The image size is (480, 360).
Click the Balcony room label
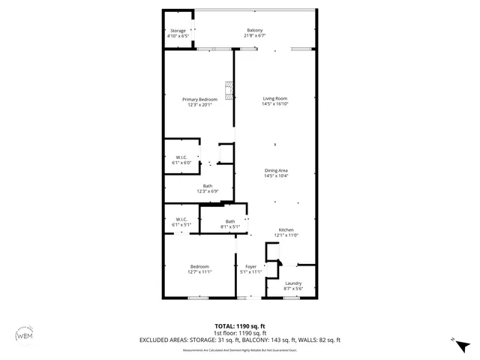(x=254, y=30)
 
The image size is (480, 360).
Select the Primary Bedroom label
(x=201, y=100)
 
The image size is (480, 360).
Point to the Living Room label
(x=274, y=99)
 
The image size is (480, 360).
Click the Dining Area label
(x=276, y=170)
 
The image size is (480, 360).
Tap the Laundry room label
(x=293, y=283)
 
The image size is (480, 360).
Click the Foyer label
(x=250, y=266)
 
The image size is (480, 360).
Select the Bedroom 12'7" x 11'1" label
(x=199, y=266)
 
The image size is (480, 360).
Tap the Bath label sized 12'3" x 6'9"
(x=208, y=186)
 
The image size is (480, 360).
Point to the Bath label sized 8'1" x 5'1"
(x=229, y=221)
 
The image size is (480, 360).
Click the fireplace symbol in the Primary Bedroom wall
(x=231, y=91)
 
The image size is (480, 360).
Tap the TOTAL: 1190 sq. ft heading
(x=240, y=326)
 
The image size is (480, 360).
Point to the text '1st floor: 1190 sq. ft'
(x=240, y=333)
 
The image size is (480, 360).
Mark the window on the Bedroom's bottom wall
(x=197, y=298)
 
